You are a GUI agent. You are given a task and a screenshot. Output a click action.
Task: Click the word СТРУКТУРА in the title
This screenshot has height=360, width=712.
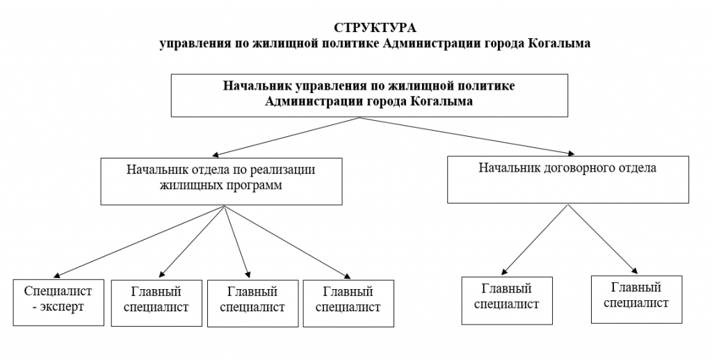click(x=375, y=28)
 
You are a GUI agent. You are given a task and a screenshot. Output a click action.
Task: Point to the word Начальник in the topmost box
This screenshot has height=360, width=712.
click(x=257, y=87)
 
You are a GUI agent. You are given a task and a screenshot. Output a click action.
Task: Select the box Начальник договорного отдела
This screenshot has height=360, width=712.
click(x=568, y=180)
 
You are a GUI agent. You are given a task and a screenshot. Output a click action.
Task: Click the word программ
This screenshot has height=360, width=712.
click(x=252, y=184)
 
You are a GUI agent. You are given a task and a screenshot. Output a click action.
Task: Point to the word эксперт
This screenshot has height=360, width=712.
click(x=61, y=306)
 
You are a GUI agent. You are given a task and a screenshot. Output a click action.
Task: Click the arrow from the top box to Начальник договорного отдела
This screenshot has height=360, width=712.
click(x=466, y=135)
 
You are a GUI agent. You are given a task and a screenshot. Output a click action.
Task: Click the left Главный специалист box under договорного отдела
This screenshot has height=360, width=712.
click(x=506, y=300)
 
